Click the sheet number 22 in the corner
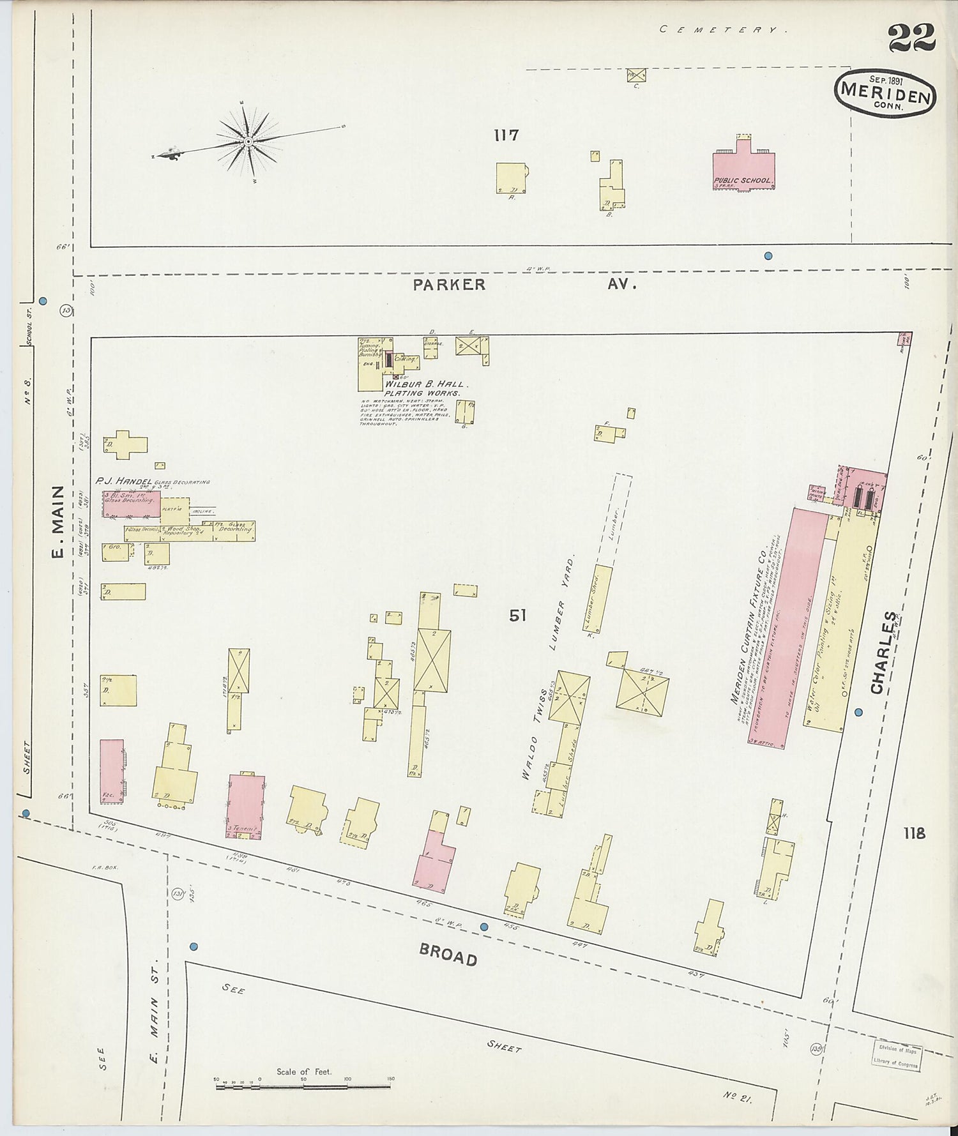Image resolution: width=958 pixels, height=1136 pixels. pos(911,38)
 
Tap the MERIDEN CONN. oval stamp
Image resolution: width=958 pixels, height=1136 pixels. pos(885,94)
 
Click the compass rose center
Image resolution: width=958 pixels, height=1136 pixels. pos(248,140)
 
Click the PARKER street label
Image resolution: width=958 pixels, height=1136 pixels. pos(449,285)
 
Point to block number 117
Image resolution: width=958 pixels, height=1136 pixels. pos(506,135)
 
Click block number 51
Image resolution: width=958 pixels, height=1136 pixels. pos(517,616)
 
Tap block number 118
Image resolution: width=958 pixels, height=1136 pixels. pos(915,833)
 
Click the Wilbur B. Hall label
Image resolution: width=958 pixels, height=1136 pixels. pos(426,385)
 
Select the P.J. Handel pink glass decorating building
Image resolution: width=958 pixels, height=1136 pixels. pos(131,504)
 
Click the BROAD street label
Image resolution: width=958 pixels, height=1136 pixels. pos(448,955)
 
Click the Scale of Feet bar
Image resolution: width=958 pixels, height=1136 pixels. pos(303,1085)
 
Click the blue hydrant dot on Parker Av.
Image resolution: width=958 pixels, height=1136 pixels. pos(768,255)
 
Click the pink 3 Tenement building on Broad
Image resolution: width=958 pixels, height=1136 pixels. pos(246,807)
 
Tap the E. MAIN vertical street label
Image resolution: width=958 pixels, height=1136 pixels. pos(57,520)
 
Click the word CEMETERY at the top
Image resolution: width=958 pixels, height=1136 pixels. pos(720,29)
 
